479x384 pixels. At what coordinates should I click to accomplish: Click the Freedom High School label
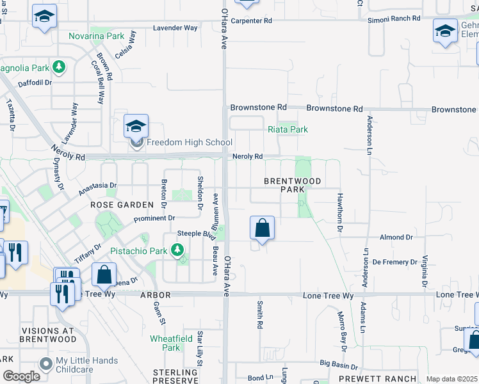coord(190,142)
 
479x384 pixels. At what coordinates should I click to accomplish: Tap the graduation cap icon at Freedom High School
coord(136,127)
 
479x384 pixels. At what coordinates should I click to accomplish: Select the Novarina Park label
coord(97,36)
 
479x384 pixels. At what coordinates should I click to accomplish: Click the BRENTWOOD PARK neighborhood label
coord(284,186)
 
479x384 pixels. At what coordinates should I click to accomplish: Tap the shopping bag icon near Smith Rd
coord(263,228)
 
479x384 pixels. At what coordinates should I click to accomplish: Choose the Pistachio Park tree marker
coord(178,250)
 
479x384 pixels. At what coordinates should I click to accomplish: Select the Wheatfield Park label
coord(170,342)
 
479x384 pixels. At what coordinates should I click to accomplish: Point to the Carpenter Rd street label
coord(252,20)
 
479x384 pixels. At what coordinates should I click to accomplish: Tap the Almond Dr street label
coord(396,237)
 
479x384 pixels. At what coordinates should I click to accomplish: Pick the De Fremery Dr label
coord(394,262)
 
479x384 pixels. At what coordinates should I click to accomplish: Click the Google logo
coord(21,376)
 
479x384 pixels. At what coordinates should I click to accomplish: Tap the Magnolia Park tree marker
coord(59,67)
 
